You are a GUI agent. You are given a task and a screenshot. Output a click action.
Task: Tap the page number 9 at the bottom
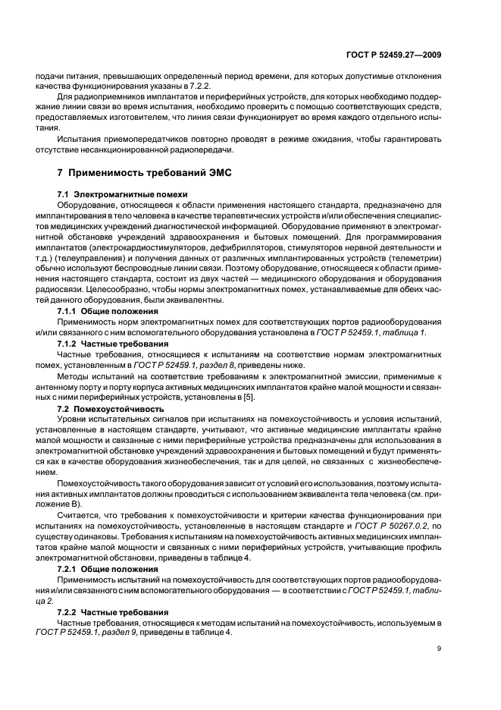click(x=440, y=648)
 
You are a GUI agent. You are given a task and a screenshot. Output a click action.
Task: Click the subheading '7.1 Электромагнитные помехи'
click(x=114, y=194)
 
